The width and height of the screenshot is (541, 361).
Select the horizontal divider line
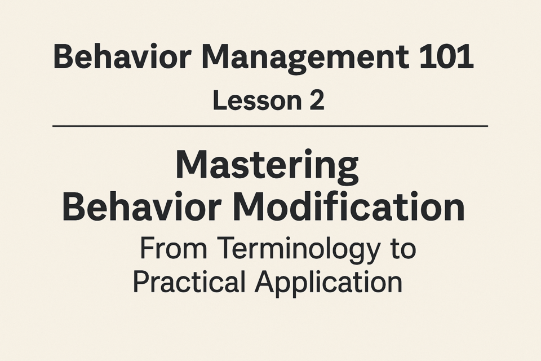coord(270,126)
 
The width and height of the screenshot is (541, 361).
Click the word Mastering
coord(267,166)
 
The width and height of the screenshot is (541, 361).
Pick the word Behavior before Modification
coord(142,206)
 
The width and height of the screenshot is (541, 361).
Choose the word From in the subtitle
coord(173,248)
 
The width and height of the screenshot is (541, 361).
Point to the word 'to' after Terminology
coord(403,249)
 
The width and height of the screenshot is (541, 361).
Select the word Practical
coord(189,282)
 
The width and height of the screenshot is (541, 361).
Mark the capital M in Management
coord(216,56)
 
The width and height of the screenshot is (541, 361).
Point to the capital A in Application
coord(265,282)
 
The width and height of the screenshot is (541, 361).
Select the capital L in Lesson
coord(220,100)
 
